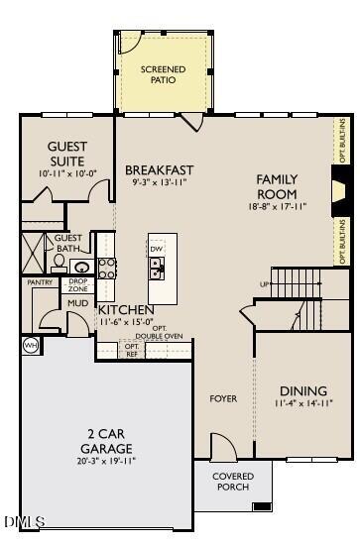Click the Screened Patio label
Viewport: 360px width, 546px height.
coord(163,74)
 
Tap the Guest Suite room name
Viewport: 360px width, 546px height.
coord(66,154)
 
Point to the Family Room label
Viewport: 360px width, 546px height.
coord(278,186)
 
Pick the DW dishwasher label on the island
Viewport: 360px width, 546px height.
coord(157,248)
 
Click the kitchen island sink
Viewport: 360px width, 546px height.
coord(157,267)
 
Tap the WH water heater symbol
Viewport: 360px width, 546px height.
coord(30,346)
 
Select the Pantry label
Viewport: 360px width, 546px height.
coord(39,282)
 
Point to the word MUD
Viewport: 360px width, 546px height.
coord(76,302)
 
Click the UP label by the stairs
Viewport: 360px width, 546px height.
coord(264,284)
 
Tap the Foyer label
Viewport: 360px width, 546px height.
coord(223,398)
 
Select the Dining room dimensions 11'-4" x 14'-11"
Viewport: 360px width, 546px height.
coord(304,403)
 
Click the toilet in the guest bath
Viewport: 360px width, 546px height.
coord(59,263)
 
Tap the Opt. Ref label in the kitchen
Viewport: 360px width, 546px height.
coord(132,349)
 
